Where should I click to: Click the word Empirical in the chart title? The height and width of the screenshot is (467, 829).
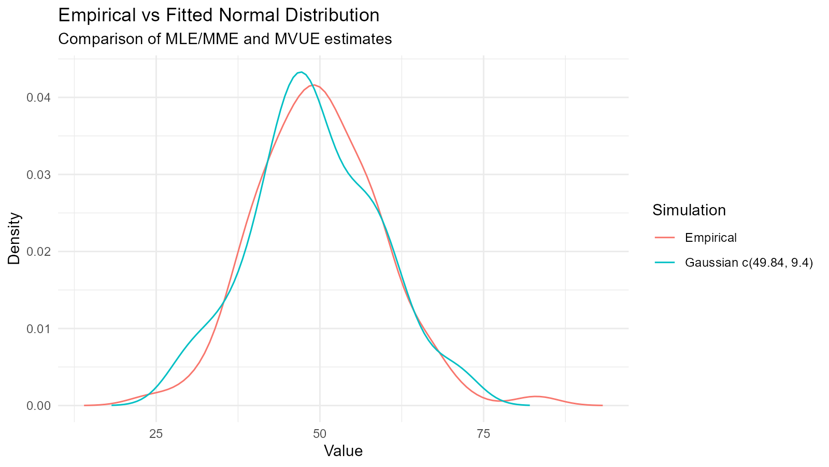98,16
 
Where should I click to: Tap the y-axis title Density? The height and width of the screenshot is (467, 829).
15,238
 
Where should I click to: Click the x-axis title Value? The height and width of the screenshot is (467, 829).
343,451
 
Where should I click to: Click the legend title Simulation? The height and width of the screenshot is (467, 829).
689,210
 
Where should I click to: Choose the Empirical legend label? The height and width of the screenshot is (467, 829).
710,238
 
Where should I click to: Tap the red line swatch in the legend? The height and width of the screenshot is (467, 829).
665,238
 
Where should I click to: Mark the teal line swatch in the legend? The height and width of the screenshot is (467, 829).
665,263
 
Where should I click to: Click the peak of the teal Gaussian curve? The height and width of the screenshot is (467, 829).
301,72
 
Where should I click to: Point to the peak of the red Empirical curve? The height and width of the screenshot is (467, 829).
313,85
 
